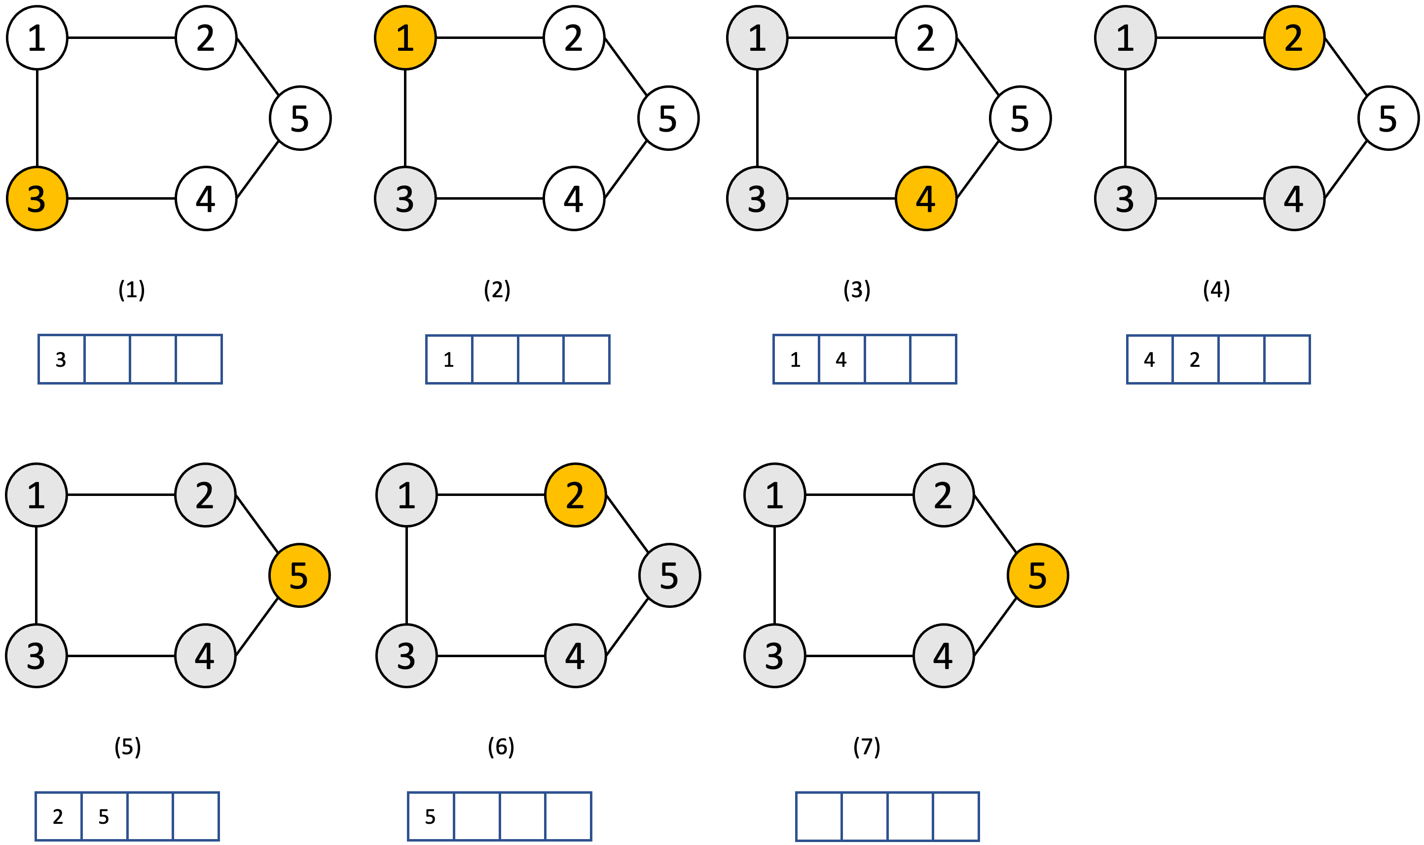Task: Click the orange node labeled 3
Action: click(x=37, y=198)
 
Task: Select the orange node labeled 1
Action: click(x=405, y=37)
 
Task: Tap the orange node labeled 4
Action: click(x=926, y=198)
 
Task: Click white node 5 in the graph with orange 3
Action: click(x=300, y=118)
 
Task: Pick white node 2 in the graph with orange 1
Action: click(x=574, y=37)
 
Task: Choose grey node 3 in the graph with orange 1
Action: click(x=405, y=198)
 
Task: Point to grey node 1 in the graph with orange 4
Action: click(x=757, y=37)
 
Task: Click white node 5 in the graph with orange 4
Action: click(x=1020, y=118)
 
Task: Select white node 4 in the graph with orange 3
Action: click(x=206, y=198)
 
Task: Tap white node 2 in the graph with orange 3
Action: click(x=206, y=37)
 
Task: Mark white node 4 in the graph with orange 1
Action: click(x=574, y=198)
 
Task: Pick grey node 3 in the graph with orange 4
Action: click(x=757, y=198)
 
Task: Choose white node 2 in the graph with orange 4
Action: click(x=926, y=37)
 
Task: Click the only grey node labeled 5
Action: click(x=669, y=575)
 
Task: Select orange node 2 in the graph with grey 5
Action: click(x=575, y=495)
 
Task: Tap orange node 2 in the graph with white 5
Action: click(x=1294, y=37)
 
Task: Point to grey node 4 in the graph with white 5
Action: click(x=1294, y=198)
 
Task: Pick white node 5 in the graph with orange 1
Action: click(x=668, y=118)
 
